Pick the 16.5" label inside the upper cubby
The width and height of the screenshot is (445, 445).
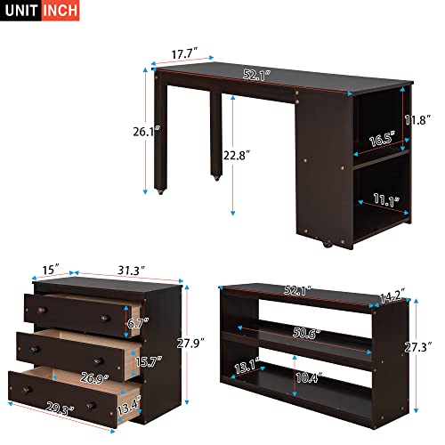(382, 139)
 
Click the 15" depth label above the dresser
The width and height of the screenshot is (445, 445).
(50, 267)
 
